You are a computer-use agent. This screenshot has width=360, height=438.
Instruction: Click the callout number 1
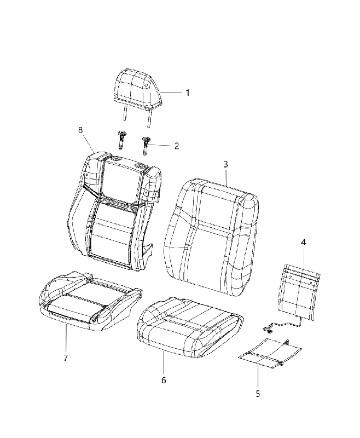tap(188, 93)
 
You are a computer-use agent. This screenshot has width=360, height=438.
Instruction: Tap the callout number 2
tap(177, 146)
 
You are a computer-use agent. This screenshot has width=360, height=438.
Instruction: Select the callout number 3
tap(225, 164)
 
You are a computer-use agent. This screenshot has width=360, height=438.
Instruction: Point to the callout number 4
tap(303, 242)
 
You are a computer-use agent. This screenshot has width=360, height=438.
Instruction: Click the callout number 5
tap(258, 394)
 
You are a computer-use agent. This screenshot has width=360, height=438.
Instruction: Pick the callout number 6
tap(164, 380)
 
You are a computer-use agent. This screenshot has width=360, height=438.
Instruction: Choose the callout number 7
tap(66, 358)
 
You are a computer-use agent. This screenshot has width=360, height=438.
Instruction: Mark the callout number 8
tap(80, 130)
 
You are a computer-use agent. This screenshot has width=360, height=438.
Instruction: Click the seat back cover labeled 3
tap(212, 237)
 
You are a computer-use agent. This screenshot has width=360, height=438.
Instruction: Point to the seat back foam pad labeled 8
tap(114, 211)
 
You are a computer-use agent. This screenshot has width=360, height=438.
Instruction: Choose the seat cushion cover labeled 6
tap(190, 327)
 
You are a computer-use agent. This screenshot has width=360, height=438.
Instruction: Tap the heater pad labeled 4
tap(299, 292)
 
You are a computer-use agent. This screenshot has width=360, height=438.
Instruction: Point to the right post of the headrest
tap(149, 118)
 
